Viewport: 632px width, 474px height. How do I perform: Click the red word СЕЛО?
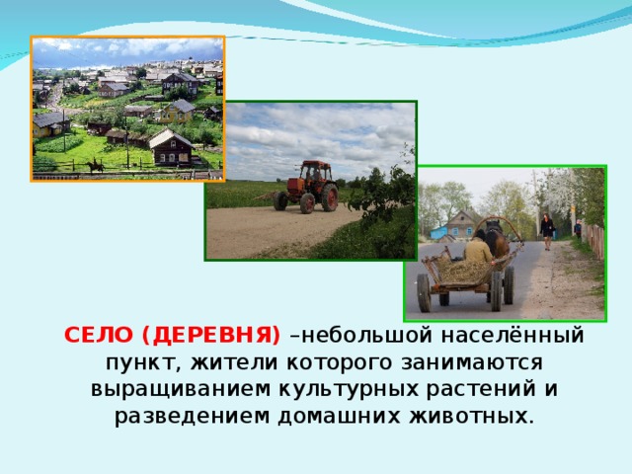coord(99,336)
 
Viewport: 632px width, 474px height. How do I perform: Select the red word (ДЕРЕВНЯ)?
coord(210,336)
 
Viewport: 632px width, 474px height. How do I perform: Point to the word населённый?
coord(513,336)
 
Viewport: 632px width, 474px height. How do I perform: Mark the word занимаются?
coord(472,362)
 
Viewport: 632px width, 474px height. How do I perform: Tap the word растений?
coord(481,389)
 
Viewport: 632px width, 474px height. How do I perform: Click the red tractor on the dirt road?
coord(307,187)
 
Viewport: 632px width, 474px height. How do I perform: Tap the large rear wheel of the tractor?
coord(330,197)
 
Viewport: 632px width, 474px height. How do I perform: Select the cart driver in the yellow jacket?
coord(478,247)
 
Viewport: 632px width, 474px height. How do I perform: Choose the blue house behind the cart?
coord(438,233)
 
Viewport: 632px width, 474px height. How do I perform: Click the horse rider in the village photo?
coord(95,164)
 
